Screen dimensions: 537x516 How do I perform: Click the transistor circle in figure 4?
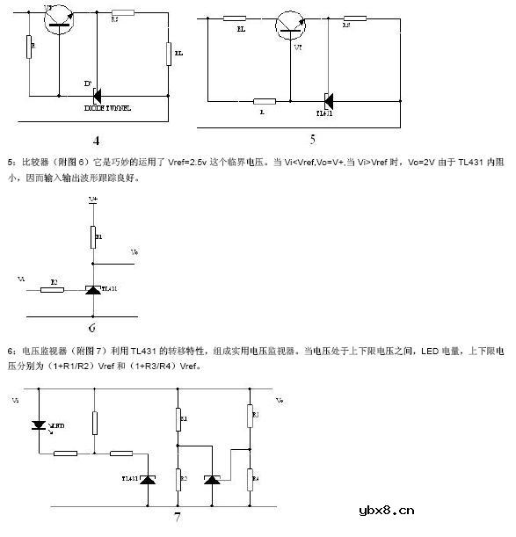pos(59,18)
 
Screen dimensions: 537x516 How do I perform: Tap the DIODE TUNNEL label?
pos(107,108)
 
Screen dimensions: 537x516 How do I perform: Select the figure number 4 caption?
pos(96,141)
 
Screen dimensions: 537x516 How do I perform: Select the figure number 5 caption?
pos(312,138)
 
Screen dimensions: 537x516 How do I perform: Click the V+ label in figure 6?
pos(92,200)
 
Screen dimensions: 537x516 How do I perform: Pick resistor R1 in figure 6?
pos(92,237)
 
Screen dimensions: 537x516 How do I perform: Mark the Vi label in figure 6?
pos(20,278)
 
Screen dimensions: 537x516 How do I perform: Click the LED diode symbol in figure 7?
pos(38,425)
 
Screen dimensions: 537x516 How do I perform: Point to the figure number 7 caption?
pos(177,518)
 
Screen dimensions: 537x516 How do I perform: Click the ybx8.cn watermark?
pos(381,510)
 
